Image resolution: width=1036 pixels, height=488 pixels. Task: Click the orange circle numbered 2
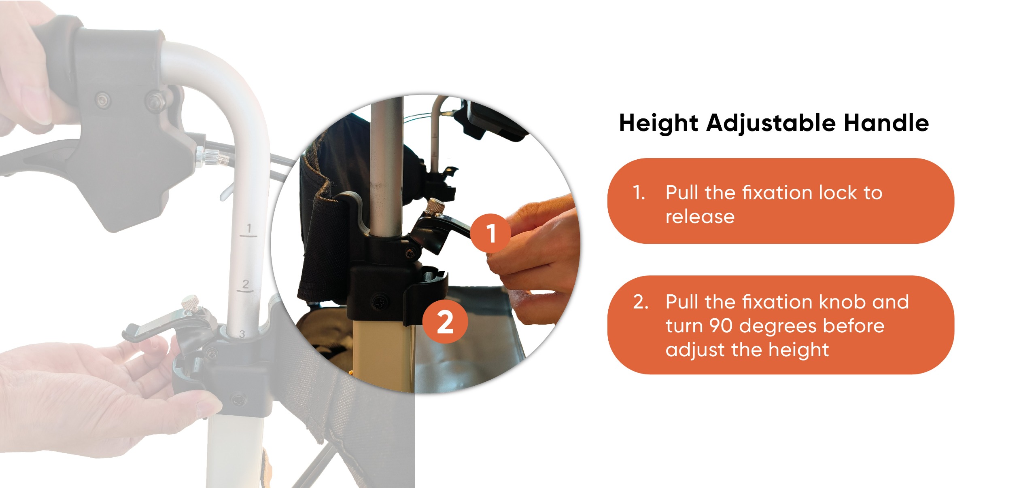point(445,323)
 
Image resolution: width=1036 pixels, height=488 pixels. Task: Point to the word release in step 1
point(700,217)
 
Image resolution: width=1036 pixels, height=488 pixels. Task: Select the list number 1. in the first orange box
point(639,193)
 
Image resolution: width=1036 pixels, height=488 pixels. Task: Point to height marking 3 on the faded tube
point(242,334)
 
